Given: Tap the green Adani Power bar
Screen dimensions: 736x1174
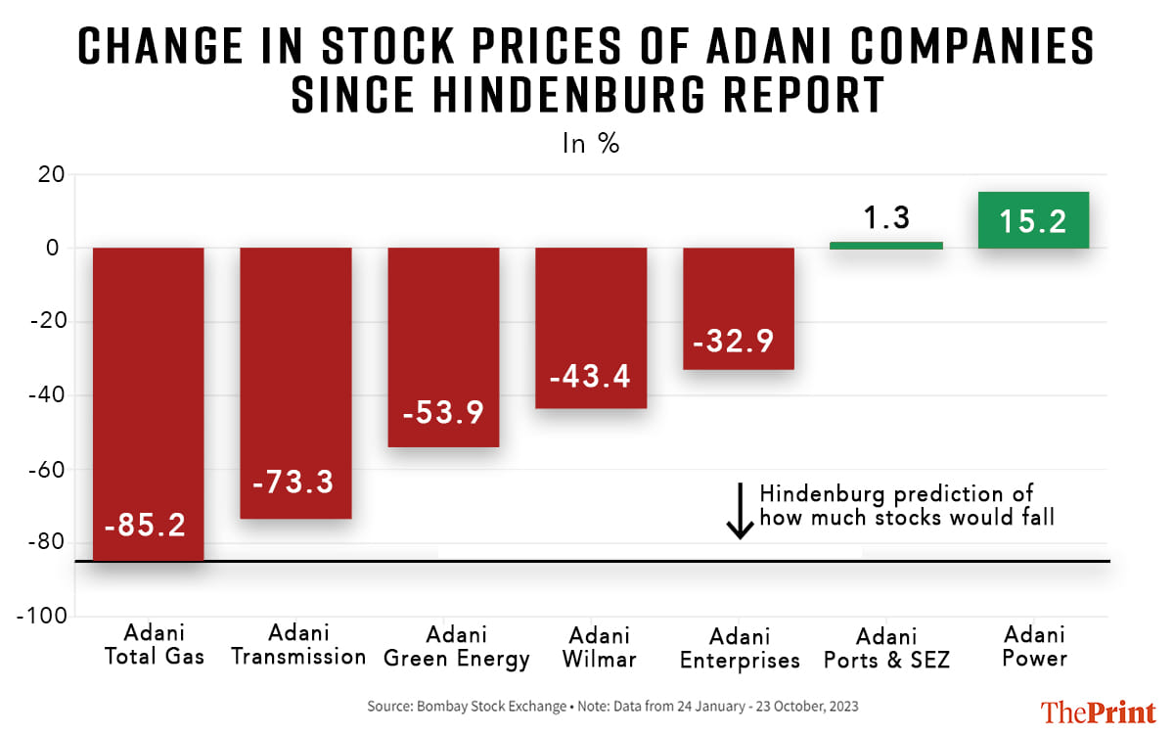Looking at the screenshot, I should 1033,220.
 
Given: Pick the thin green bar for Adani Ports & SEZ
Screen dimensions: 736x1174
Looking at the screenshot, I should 886,245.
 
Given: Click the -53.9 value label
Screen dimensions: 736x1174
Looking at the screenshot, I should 443,413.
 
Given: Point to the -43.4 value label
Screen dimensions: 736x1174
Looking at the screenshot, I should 591,375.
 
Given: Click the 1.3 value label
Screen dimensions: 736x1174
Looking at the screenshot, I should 886,217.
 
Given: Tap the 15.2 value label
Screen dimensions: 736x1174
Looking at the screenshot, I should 1033,222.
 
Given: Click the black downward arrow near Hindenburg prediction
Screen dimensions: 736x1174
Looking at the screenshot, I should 741,510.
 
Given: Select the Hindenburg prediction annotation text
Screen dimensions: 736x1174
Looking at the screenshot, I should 907,505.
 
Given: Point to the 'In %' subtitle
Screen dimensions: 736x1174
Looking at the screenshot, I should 590,144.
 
